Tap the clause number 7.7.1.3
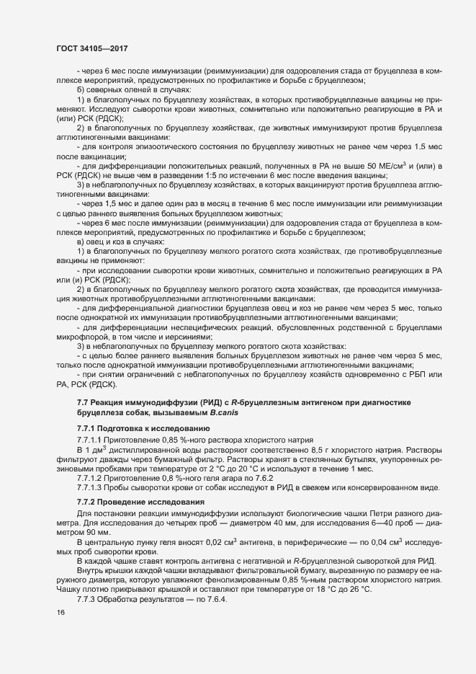coord(91,488)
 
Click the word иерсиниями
coord(187,335)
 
